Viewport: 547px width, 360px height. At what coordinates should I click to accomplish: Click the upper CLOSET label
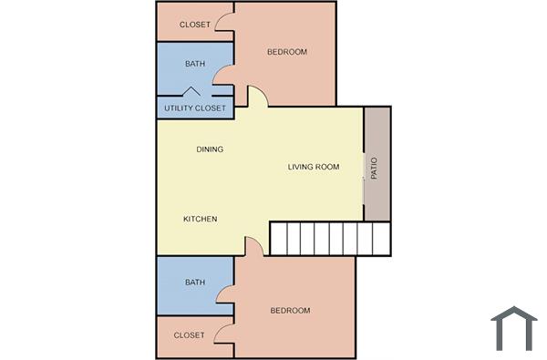click(194, 25)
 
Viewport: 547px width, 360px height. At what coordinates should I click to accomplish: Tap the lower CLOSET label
click(189, 335)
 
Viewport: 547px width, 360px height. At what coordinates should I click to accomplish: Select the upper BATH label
click(195, 64)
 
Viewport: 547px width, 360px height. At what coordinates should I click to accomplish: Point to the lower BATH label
click(195, 283)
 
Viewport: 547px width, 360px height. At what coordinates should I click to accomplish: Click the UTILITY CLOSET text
click(194, 108)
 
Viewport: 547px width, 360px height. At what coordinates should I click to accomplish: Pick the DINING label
click(210, 149)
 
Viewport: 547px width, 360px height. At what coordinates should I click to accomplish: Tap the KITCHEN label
click(200, 219)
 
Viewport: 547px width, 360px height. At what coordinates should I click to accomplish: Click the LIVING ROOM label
click(314, 167)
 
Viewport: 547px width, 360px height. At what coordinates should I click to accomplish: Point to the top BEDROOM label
click(286, 52)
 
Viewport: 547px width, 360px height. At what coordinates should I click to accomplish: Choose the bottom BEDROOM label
click(290, 311)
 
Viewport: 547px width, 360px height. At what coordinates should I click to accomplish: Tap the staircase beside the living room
click(329, 239)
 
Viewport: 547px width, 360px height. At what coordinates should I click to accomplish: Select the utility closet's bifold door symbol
click(192, 91)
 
